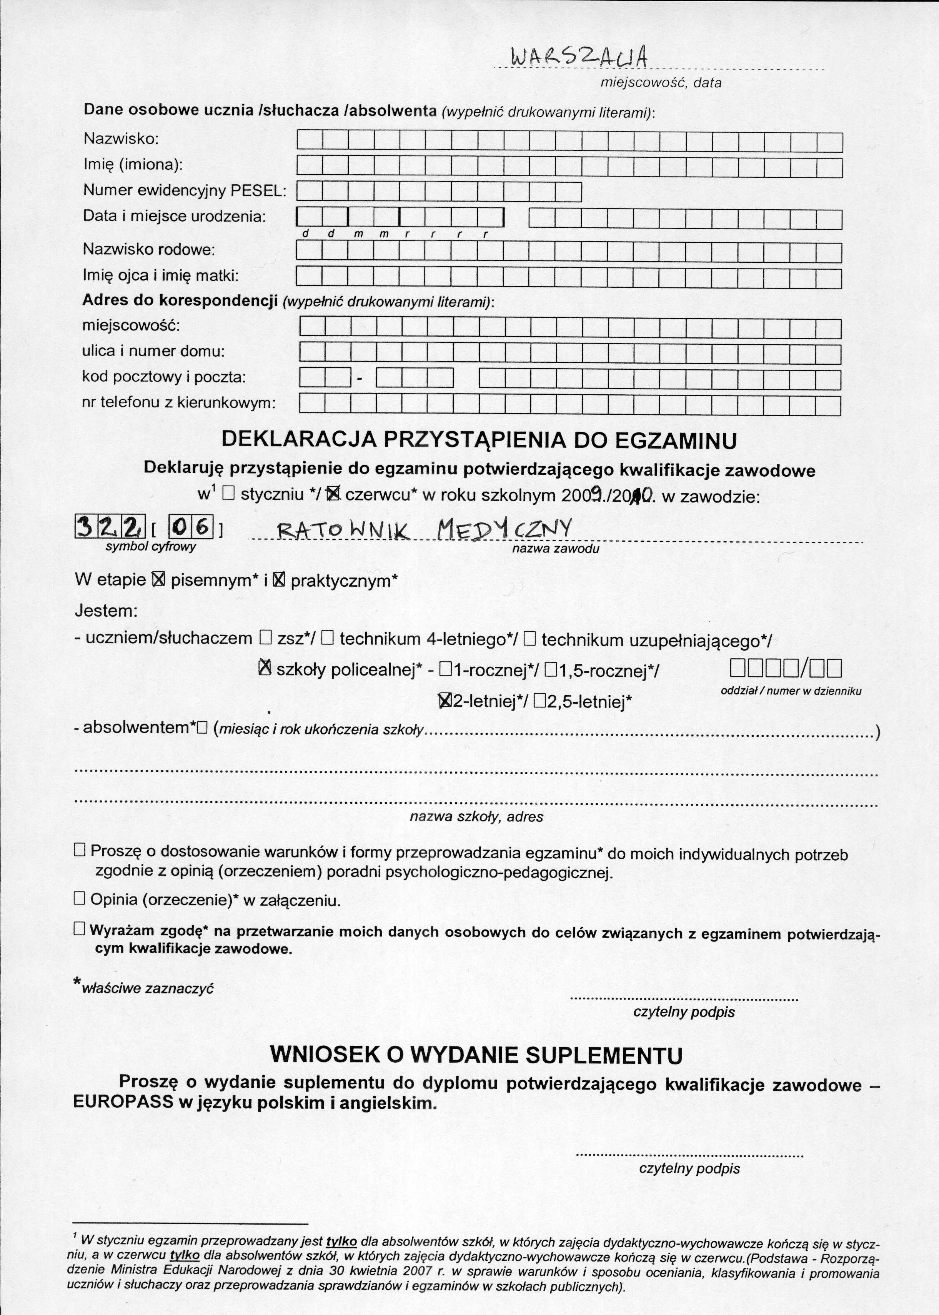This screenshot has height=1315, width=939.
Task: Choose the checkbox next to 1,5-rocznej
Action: (550, 670)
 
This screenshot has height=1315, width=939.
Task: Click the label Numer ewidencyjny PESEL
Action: (185, 190)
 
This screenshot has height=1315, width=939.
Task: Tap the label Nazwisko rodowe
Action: (148, 249)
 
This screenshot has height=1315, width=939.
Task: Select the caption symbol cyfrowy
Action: (151, 547)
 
